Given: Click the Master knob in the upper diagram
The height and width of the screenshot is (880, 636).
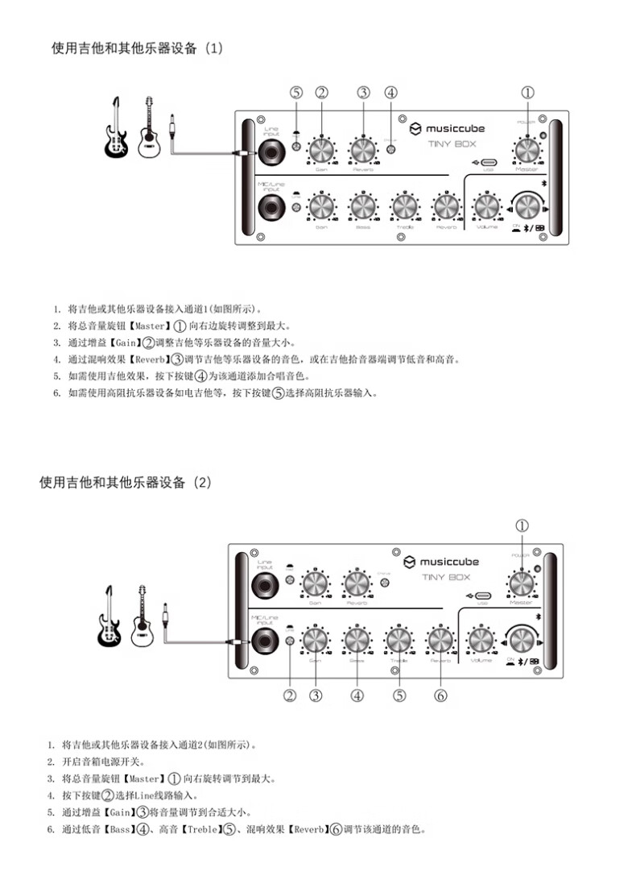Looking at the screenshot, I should pos(527,149).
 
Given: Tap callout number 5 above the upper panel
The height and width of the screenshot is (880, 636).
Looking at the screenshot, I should pos(296,93).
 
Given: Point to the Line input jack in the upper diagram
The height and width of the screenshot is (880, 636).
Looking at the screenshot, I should pos(271,152).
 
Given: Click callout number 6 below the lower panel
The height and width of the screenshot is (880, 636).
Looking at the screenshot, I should pos(440,695).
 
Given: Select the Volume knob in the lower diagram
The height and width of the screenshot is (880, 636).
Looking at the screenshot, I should pos(481,640).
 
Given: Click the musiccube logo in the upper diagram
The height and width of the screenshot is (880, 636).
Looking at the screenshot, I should pos(447,128).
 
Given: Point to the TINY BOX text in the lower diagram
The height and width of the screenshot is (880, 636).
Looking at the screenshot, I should pos(445,577).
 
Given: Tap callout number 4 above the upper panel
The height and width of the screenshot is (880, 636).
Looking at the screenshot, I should pos(391,93).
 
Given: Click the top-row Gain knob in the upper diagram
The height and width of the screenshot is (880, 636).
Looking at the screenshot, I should pos(321,151).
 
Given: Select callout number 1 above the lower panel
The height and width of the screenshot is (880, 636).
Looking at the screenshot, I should pos(522,525).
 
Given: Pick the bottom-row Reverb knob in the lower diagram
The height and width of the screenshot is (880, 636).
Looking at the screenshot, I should pos(440,640).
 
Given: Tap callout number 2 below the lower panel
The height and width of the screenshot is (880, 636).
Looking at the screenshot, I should pos(290,695).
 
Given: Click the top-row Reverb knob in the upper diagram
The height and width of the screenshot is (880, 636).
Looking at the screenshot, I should pos(363,151).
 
